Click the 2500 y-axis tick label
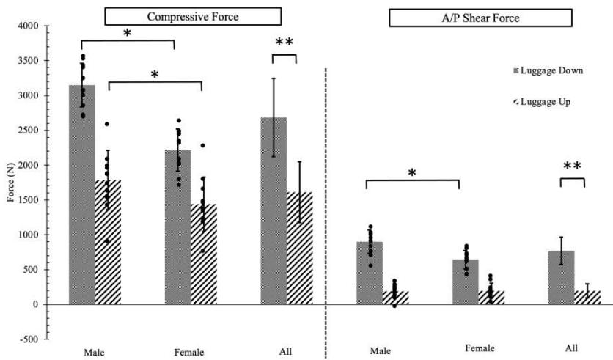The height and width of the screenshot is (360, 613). pyautogui.click(x=30, y=131)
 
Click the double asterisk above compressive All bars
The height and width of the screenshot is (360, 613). pyautogui.click(x=285, y=43)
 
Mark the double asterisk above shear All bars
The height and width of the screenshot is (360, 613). pyautogui.click(x=572, y=166)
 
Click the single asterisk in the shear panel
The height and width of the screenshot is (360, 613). pyautogui.click(x=412, y=173)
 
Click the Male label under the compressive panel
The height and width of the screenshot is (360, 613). pyautogui.click(x=93, y=352)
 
